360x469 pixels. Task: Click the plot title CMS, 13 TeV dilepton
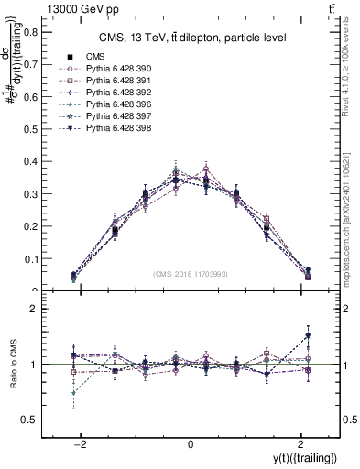(191, 38)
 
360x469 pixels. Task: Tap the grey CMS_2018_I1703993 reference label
(191, 274)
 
